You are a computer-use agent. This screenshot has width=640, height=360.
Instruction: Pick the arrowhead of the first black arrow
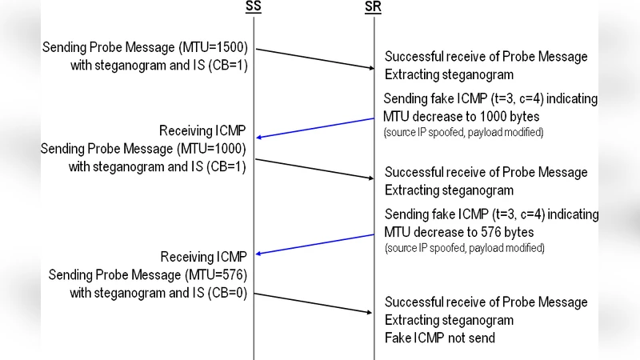(x=370, y=68)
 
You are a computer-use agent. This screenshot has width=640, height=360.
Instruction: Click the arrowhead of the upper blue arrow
(x=258, y=137)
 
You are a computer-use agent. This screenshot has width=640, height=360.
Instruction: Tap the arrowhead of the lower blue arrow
(x=258, y=254)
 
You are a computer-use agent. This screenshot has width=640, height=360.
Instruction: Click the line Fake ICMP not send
(x=440, y=338)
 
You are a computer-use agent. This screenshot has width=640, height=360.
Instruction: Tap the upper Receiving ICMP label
(x=202, y=130)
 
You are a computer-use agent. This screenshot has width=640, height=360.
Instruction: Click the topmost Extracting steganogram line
(x=449, y=74)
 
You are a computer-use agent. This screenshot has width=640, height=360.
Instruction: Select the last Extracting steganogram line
(x=449, y=320)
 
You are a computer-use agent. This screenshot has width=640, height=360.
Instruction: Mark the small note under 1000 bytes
(x=464, y=132)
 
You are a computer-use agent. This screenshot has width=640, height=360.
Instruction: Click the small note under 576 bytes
(x=464, y=248)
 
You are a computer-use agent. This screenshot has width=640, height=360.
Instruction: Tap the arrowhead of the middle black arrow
(x=370, y=178)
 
